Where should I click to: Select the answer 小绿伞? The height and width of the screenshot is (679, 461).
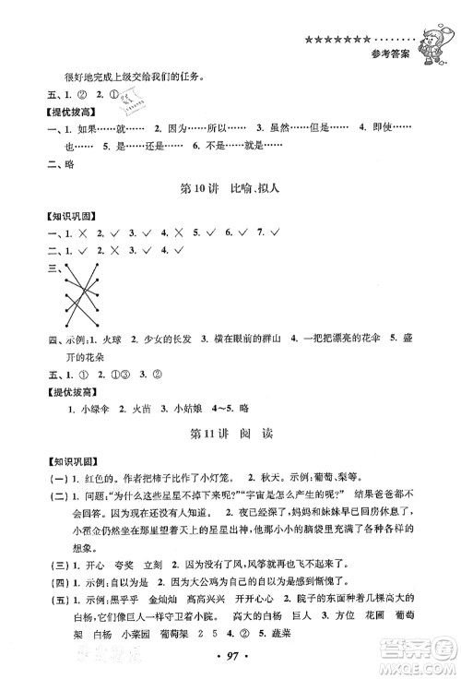point(89,406)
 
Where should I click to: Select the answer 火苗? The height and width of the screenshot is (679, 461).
point(138,406)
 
